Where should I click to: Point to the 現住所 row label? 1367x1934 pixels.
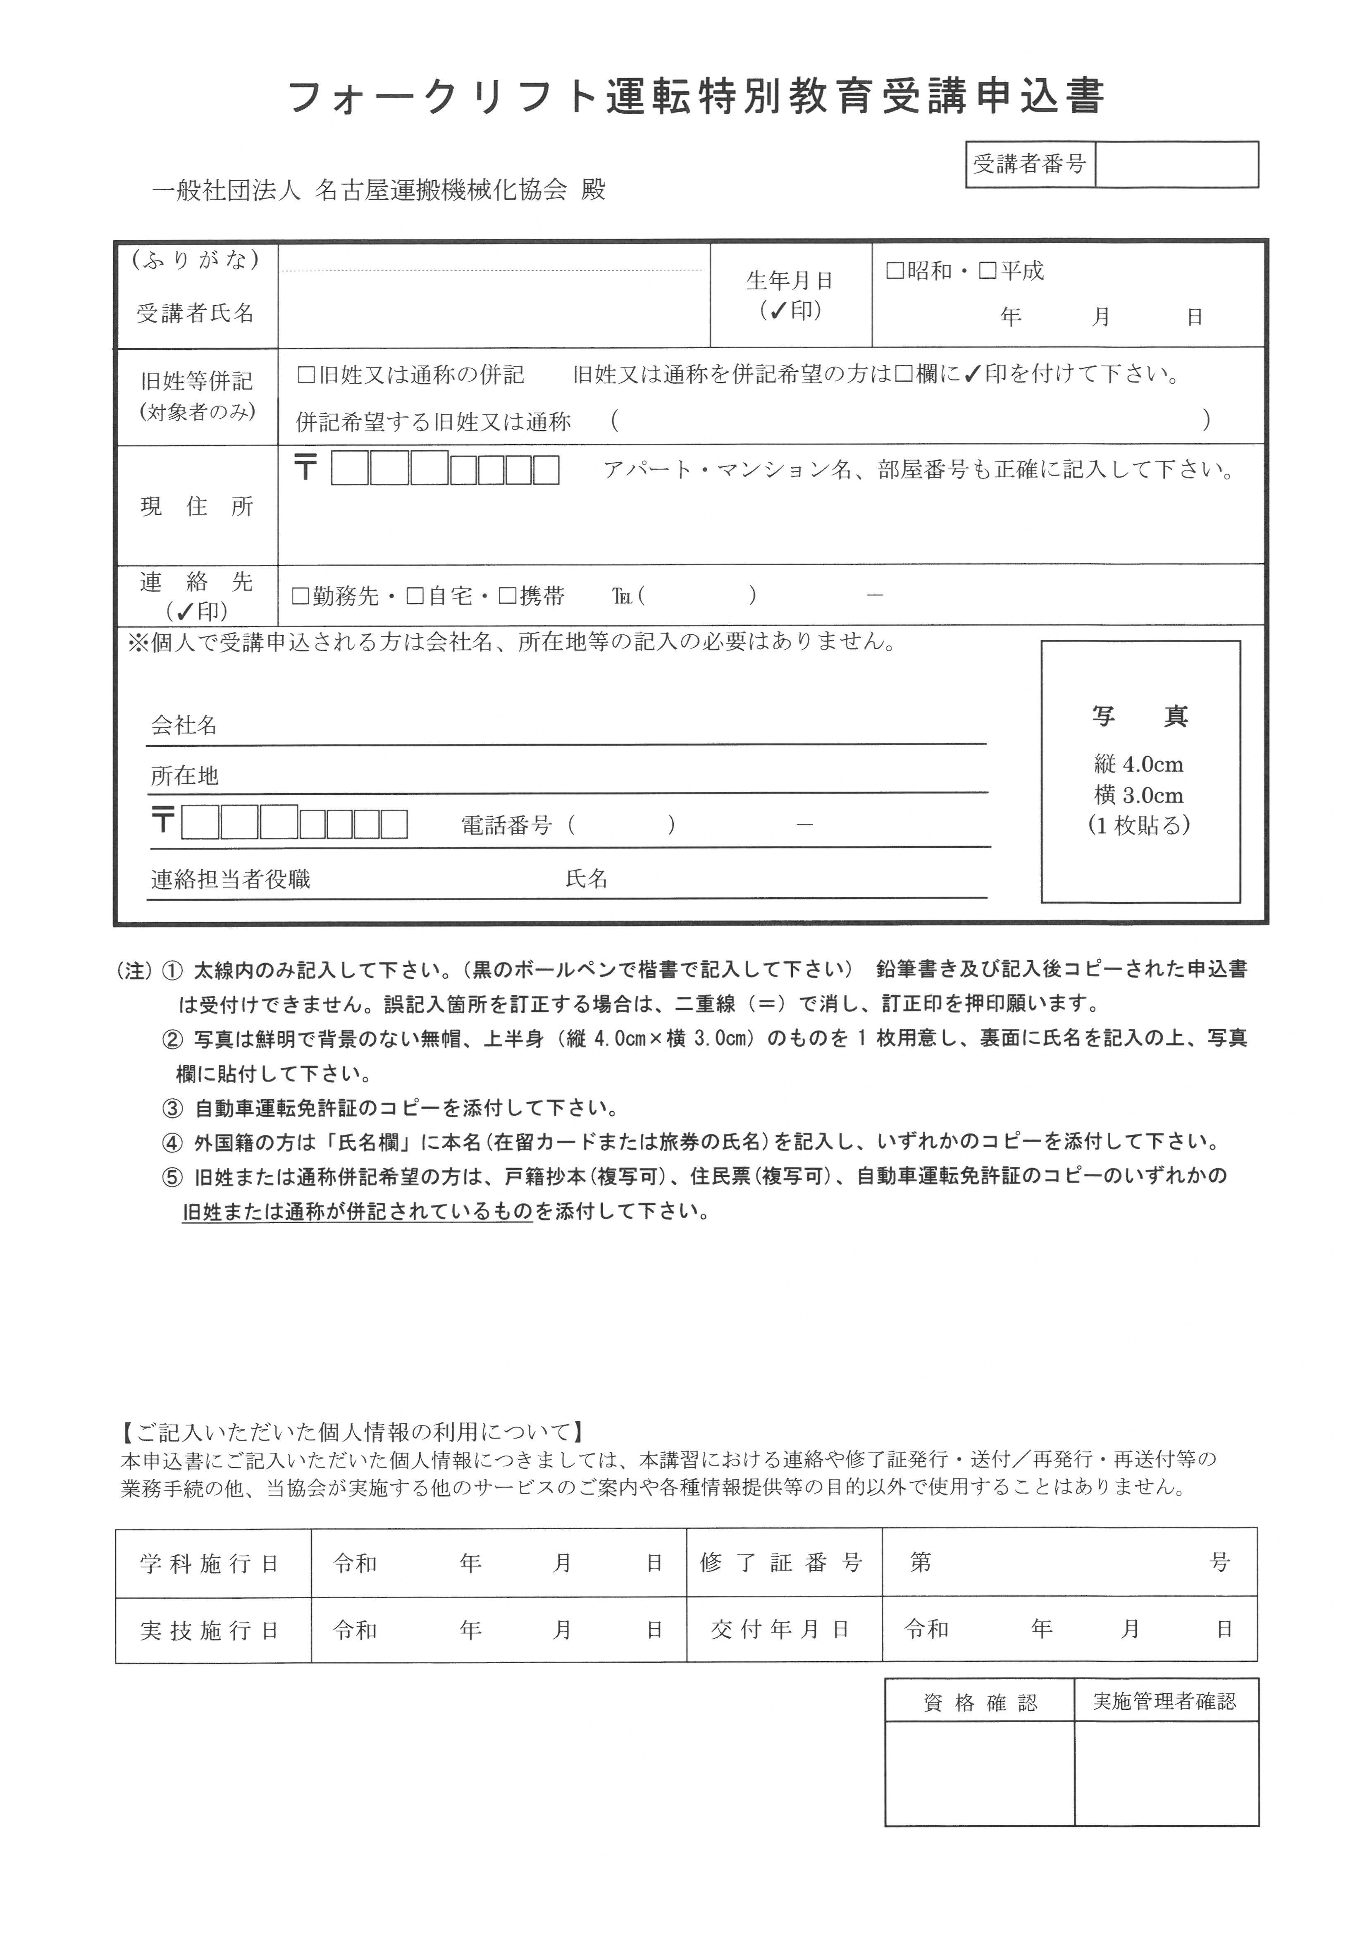point(196,506)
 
